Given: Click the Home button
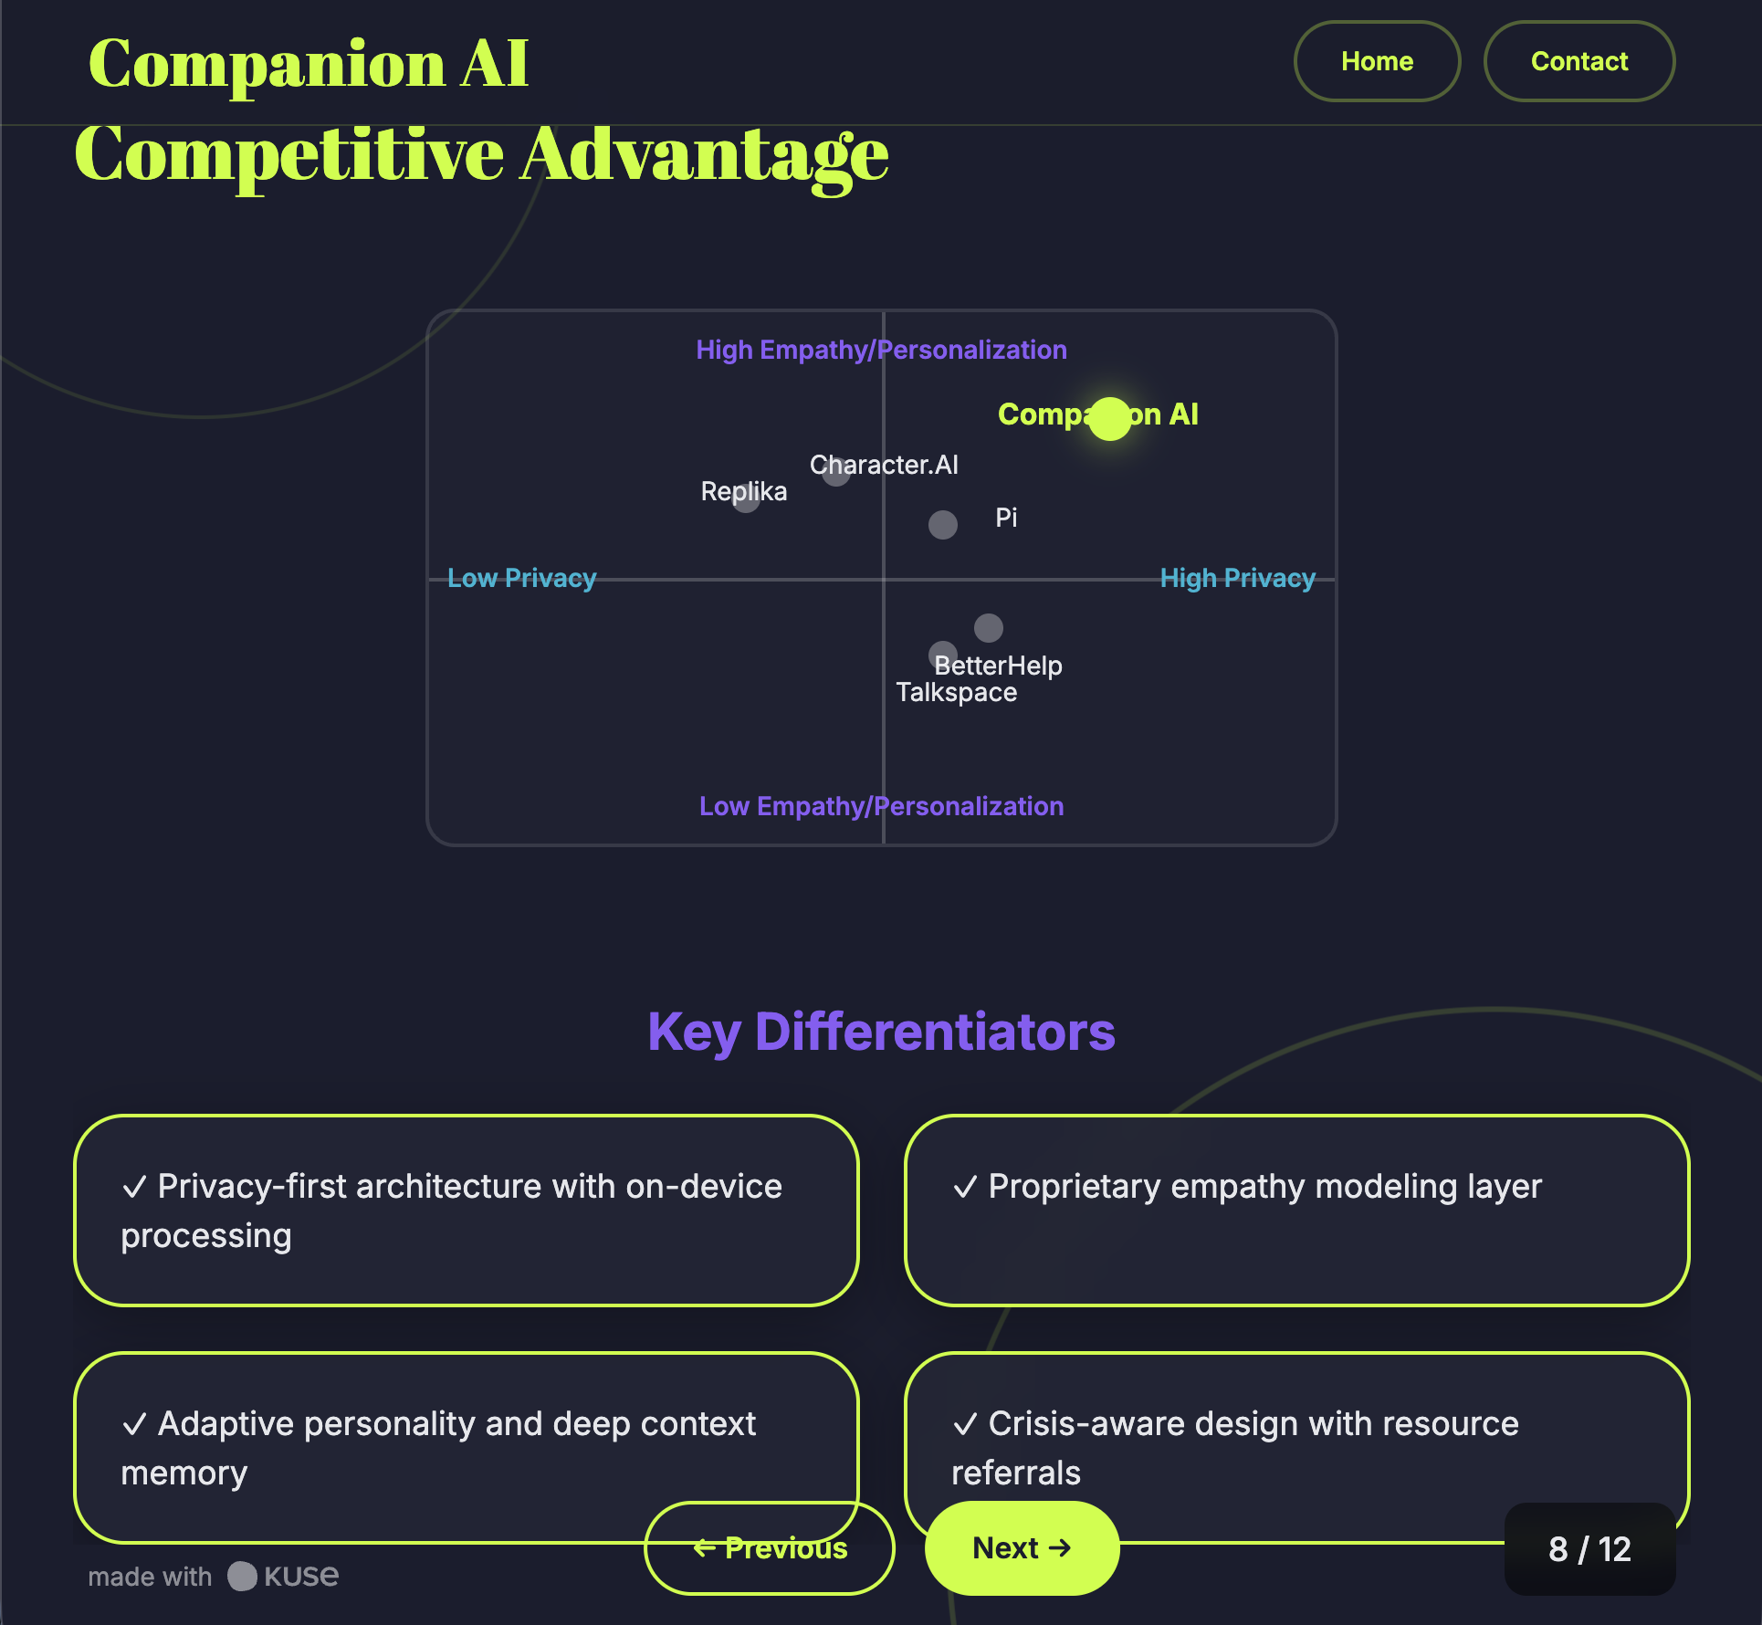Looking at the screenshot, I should tap(1377, 61).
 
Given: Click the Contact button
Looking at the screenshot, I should tap(1578, 61).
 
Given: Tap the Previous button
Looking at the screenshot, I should tap(770, 1548).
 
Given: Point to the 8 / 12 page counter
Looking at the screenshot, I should tap(1589, 1549).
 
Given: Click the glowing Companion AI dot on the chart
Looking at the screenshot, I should tap(1110, 419).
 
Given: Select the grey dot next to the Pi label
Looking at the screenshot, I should tap(943, 525).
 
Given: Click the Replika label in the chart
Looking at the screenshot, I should tap(743, 491).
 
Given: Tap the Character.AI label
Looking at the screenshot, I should tap(884, 465).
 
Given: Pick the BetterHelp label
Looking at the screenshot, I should tap(998, 666).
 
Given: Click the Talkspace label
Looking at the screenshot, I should tap(956, 692).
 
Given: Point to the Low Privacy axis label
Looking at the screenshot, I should tap(521, 578).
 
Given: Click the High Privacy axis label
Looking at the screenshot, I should tap(1237, 578).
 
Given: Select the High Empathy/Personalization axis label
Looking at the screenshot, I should tap(881, 350).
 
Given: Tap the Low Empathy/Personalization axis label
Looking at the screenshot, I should tap(881, 806).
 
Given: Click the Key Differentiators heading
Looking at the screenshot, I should tap(881, 1032).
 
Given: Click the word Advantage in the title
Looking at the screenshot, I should tap(704, 155).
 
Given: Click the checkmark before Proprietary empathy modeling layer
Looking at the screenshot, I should tap(964, 1187).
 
